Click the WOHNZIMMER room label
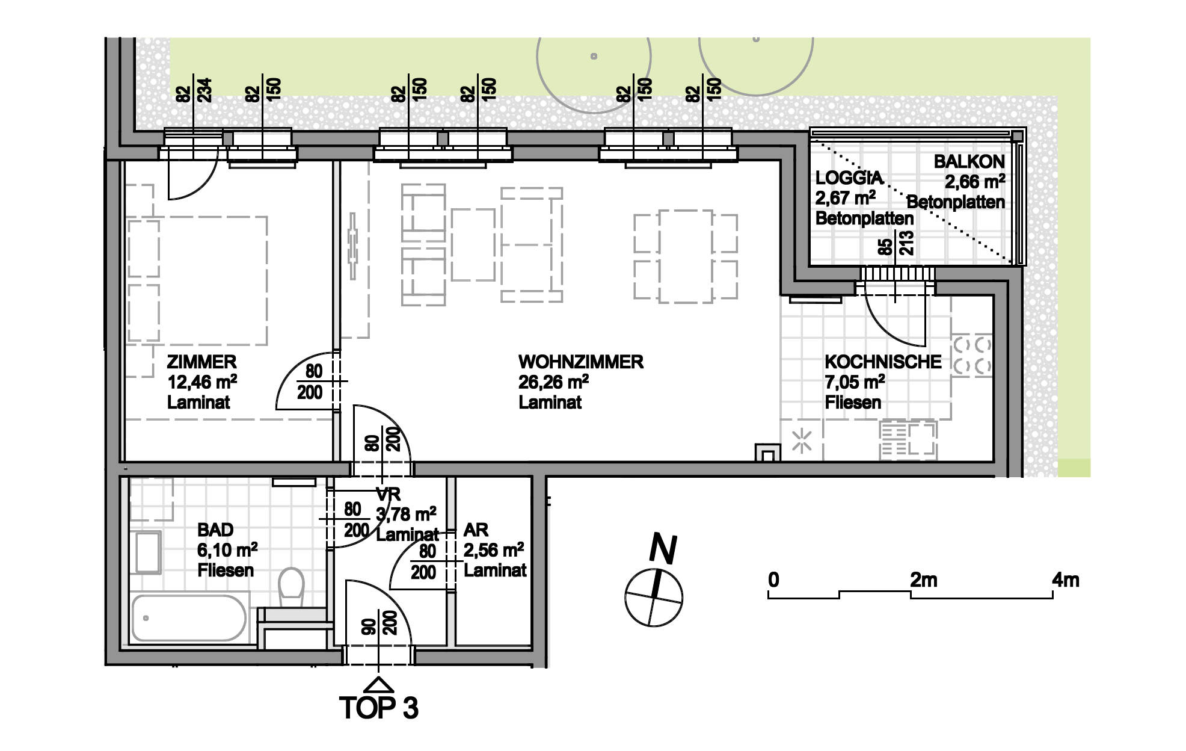pyautogui.click(x=581, y=362)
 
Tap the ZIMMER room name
pyautogui.click(x=201, y=362)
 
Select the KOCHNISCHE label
pyautogui.click(x=883, y=362)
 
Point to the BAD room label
pyautogui.click(x=215, y=530)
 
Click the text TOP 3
pyautogui.click(x=378, y=708)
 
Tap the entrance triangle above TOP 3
pyautogui.click(x=379, y=685)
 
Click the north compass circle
pyautogui.click(x=654, y=598)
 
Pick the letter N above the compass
pyautogui.click(x=663, y=549)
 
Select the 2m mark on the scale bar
pyautogui.click(x=923, y=580)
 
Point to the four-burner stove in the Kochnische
pyautogui.click(x=971, y=356)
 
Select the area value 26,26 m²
pyautogui.click(x=553, y=382)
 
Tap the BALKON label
pyautogui.click(x=969, y=161)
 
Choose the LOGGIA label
pyautogui.click(x=849, y=178)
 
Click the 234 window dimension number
pyautogui.click(x=205, y=90)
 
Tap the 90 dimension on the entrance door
pyautogui.click(x=369, y=626)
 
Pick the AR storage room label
pyautogui.click(x=476, y=530)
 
